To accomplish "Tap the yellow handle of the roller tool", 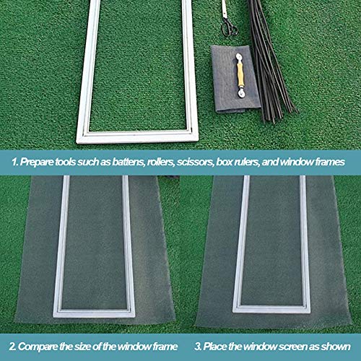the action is [x=240, y=74].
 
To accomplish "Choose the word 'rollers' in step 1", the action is [x=160, y=162].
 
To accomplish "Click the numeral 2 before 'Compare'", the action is [x=12, y=347].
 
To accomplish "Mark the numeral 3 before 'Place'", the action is [x=198, y=347].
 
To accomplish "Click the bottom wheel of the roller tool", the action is [x=241, y=93].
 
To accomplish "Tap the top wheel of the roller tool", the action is [x=239, y=57].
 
